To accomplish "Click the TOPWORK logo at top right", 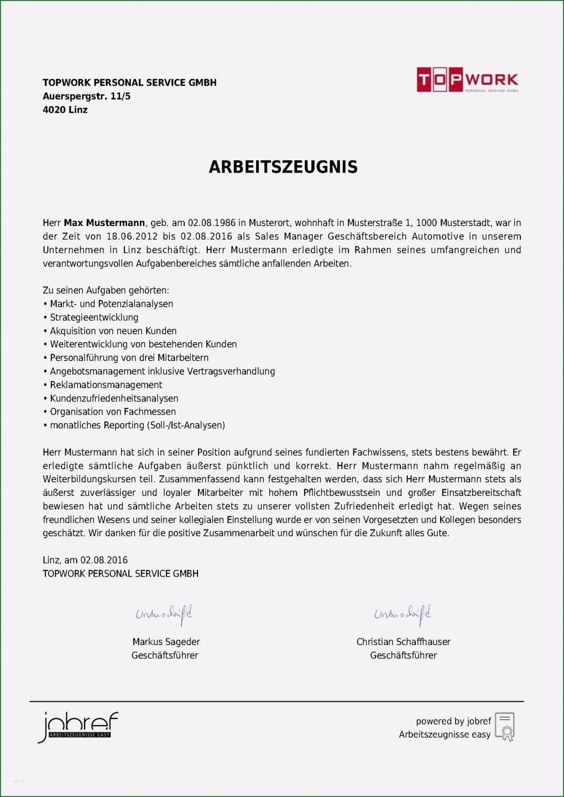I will pos(467,80).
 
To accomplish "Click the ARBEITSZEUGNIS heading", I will pos(283,167).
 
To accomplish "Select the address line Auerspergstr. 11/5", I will pos(86,96).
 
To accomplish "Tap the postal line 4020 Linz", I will pos(65,109).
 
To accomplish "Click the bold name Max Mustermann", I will pos(104,223).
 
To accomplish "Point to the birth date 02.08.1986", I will pos(211,223).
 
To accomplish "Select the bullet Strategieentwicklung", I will pos(94,317).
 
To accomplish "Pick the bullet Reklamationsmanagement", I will pos(106,385).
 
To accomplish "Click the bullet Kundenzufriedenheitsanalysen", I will pos(114,398).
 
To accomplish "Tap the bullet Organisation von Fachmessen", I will pos(113,412).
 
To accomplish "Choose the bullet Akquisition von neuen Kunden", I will pos(113,331).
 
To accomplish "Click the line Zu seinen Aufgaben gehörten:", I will pos(106,290).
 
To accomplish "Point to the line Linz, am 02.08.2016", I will pos(85,560).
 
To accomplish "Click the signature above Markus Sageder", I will pos(164,614).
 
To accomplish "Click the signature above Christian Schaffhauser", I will pos(403,614).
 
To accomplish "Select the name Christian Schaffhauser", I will pos(403,642).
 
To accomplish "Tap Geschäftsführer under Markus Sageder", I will pos(165,656).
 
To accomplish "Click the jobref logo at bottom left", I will pos(77,727).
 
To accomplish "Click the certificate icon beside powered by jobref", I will pos(505,727).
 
